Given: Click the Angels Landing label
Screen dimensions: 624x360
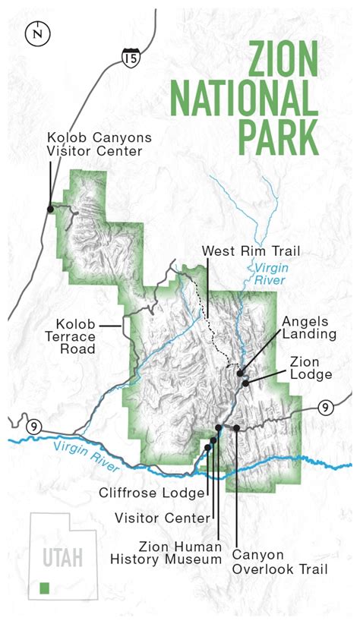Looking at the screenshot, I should point(309,326).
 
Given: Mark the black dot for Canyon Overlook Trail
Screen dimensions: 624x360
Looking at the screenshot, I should point(237,428).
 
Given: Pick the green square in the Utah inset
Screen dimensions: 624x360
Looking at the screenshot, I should point(45,588).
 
